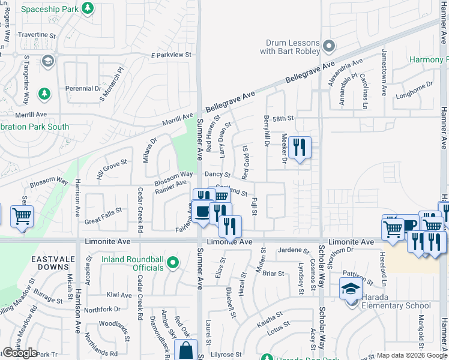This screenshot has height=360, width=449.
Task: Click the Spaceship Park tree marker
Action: click(88, 8)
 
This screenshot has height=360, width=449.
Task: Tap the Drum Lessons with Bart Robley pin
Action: click(328, 46)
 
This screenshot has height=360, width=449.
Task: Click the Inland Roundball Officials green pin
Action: click(173, 263)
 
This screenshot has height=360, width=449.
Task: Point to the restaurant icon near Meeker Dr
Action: click(300, 147)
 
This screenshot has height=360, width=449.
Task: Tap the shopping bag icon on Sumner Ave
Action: click(185, 351)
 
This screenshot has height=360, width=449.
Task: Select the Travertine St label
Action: click(37, 35)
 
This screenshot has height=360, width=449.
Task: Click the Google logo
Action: click(20, 353)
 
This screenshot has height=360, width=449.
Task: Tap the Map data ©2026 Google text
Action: click(411, 355)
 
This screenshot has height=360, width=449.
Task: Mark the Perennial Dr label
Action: click(83, 89)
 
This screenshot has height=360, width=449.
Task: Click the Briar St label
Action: click(273, 274)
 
